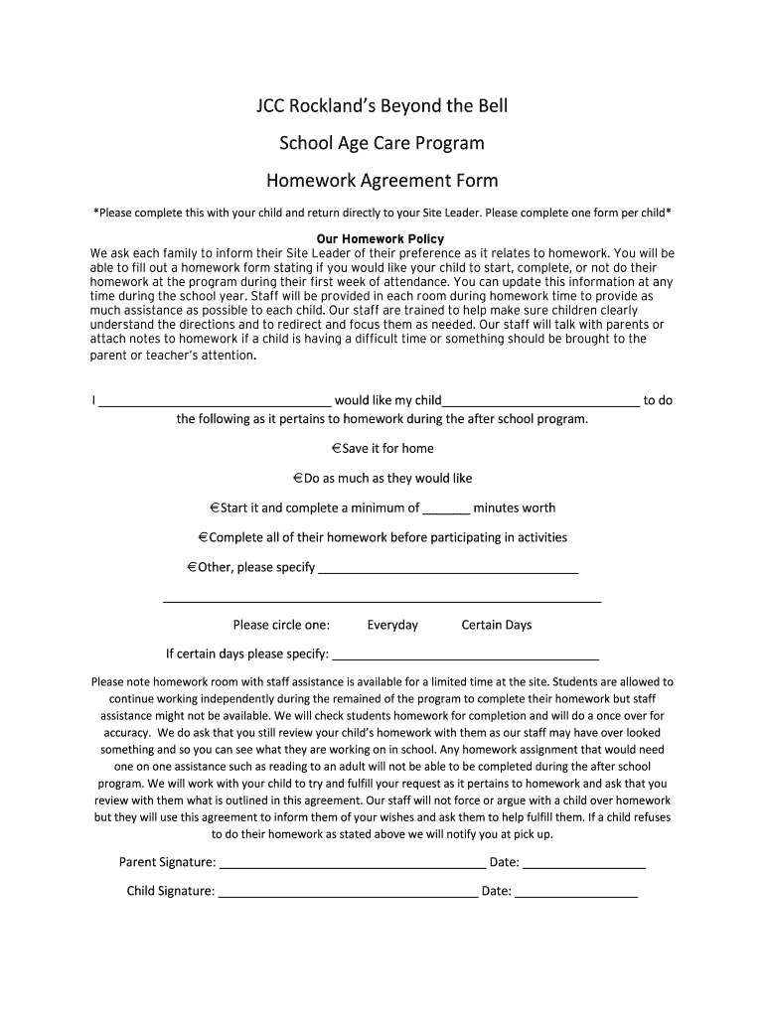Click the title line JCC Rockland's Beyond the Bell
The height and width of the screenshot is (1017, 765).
(382, 105)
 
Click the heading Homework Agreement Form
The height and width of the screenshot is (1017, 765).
(382, 181)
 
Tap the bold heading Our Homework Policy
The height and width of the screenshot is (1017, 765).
(380, 239)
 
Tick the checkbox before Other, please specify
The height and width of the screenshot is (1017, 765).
(192, 567)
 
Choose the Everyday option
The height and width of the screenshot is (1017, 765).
(392, 625)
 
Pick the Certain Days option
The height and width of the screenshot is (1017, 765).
(497, 625)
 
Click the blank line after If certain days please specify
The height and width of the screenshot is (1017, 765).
(465, 656)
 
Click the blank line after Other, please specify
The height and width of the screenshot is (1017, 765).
(448, 571)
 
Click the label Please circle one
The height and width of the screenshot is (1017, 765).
(281, 625)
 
